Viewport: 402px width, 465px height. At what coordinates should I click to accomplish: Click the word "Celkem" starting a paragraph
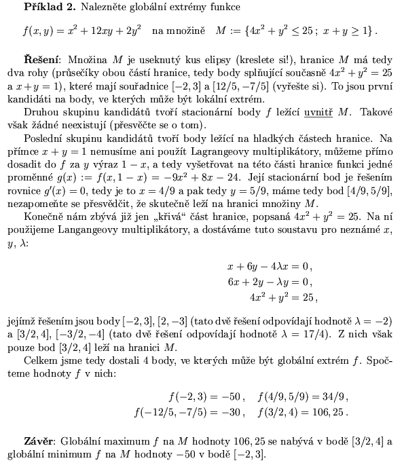pos(41,360)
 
